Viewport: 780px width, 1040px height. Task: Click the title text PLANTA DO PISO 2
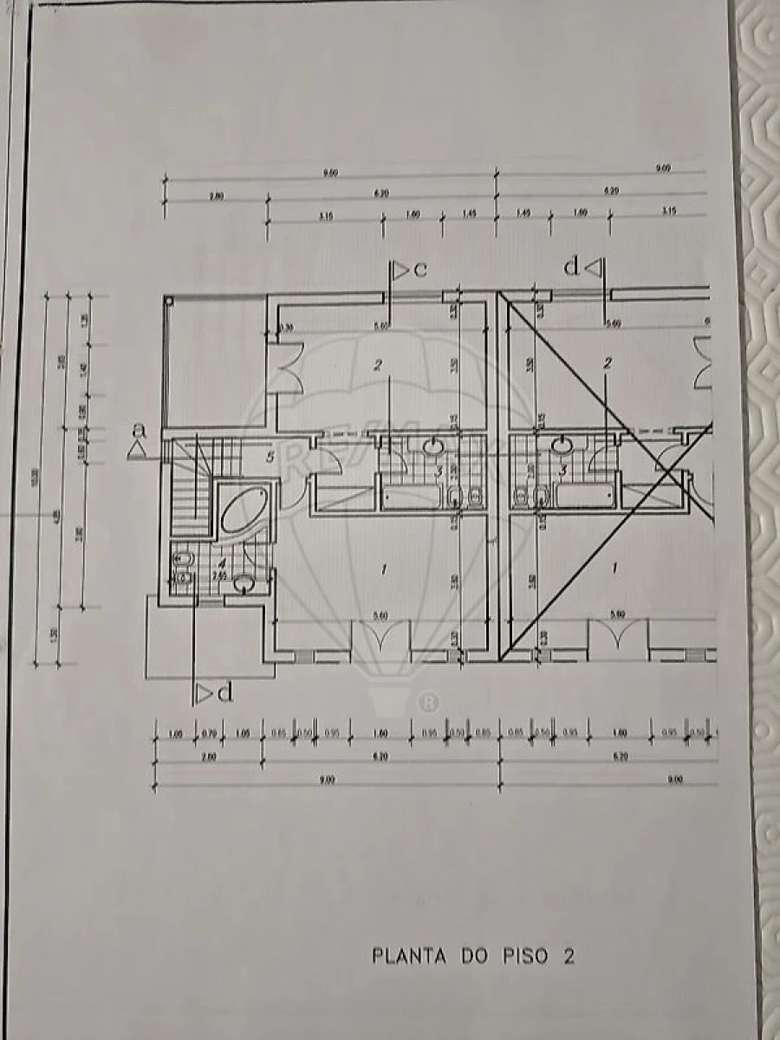pos(473,956)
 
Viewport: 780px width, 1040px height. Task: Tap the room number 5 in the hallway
pos(270,457)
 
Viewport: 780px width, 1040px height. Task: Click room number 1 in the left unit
pos(382,569)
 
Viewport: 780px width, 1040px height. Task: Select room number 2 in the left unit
pos(378,365)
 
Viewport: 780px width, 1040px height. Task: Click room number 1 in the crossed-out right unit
pos(614,569)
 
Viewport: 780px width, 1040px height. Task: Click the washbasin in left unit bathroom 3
pos(433,446)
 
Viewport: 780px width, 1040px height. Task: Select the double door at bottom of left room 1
pos(380,641)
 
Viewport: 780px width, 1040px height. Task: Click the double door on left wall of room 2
pos(286,368)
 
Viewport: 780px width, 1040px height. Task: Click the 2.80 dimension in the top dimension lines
pos(216,197)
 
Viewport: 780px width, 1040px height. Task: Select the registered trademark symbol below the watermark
pos(427,699)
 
